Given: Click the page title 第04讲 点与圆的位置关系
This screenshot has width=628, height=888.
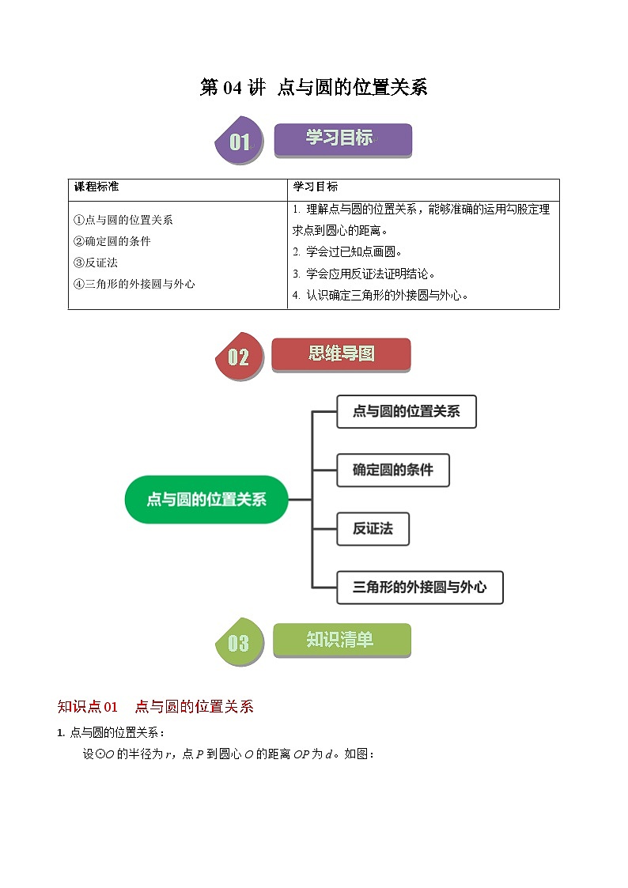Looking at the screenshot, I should pyautogui.click(x=313, y=87).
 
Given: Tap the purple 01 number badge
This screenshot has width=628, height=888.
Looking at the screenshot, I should pyautogui.click(x=240, y=142).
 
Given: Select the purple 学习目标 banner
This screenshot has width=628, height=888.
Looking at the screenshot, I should pyautogui.click(x=342, y=139).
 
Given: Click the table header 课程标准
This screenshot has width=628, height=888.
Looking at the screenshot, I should pyautogui.click(x=96, y=187).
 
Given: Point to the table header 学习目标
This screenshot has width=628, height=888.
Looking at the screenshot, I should pyautogui.click(x=315, y=187).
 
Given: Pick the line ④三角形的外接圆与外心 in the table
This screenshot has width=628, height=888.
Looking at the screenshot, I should pyautogui.click(x=134, y=284).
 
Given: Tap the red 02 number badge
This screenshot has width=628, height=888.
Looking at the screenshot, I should pyautogui.click(x=239, y=357).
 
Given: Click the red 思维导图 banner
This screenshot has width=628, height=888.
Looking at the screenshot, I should pyautogui.click(x=341, y=354).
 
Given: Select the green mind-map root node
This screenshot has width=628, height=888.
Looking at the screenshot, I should pyautogui.click(x=206, y=500).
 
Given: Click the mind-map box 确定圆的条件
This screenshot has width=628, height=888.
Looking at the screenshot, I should pyautogui.click(x=393, y=470).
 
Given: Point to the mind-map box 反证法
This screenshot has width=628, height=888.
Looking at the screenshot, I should pyautogui.click(x=373, y=528).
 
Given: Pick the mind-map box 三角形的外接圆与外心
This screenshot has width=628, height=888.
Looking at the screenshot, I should pyautogui.click(x=419, y=587).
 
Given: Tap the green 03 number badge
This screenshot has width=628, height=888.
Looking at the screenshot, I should pyautogui.click(x=239, y=642).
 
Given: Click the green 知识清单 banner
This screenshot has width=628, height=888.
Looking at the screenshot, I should pyautogui.click(x=342, y=640).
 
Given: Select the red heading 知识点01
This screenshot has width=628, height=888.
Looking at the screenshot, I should pyautogui.click(x=88, y=707).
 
